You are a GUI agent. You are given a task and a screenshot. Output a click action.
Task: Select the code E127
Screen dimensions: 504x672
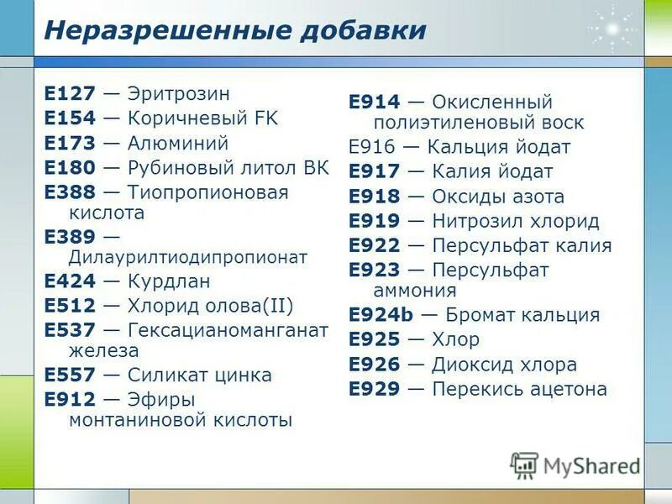[70, 94]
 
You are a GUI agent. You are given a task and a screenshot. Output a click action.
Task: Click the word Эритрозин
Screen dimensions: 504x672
[179, 94]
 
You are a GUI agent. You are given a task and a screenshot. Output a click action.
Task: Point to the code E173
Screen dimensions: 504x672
[70, 143]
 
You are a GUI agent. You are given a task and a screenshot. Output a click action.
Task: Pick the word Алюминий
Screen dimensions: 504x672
[178, 143]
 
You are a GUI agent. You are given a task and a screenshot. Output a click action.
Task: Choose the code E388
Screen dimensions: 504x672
[70, 192]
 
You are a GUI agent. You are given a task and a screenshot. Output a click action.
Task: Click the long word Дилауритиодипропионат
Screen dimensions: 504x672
[189, 257]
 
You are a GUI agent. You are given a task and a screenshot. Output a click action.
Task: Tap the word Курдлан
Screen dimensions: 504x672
[169, 281]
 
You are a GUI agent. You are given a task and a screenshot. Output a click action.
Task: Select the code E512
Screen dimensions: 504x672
[70, 306]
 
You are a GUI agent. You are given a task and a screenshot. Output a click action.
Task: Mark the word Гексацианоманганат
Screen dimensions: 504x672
[228, 330]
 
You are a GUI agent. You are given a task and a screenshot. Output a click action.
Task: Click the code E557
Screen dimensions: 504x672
[70, 375]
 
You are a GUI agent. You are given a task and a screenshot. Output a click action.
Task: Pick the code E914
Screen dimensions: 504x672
[375, 102]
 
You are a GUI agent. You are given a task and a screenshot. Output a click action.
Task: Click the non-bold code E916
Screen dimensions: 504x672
[373, 147]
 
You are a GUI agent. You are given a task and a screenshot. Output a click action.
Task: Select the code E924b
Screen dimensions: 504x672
[381, 315]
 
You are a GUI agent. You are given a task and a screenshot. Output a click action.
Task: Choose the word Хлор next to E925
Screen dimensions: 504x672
[455, 340]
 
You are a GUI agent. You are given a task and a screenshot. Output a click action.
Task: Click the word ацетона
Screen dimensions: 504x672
[569, 389]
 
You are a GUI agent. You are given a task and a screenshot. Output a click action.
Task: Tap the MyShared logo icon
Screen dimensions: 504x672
[524, 464]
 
